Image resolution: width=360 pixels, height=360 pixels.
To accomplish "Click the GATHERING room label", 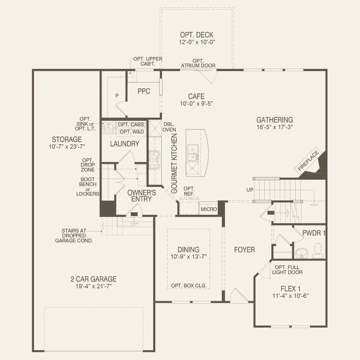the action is pyautogui.click(x=275, y=120).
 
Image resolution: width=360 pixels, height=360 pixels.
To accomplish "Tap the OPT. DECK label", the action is pyautogui.click(x=197, y=35).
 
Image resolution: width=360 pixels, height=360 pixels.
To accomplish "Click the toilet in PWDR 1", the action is pyautogui.click(x=318, y=251).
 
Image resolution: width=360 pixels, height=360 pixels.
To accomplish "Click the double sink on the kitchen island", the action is pyautogui.click(x=193, y=153).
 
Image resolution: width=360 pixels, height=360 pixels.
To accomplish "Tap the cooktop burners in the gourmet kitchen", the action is pyautogui.click(x=154, y=160).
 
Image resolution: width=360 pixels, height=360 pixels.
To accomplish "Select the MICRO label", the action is pyautogui.click(x=209, y=209).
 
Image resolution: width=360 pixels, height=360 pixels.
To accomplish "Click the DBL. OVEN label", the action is pyautogui.click(x=169, y=127).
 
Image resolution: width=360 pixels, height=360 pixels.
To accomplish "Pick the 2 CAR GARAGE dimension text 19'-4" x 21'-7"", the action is pyautogui.click(x=93, y=286).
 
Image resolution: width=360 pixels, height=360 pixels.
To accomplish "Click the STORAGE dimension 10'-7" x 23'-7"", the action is pyautogui.click(x=67, y=147).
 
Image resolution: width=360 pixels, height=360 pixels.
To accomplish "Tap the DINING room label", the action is pyautogui.click(x=188, y=250).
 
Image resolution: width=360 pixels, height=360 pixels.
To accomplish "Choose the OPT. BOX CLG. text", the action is pyautogui.click(x=189, y=286).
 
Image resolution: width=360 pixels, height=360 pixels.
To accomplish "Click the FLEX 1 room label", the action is pyautogui.click(x=291, y=289).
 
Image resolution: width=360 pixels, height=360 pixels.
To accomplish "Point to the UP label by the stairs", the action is pyautogui.click(x=250, y=190).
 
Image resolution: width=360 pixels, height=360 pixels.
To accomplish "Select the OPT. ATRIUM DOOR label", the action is pyautogui.click(x=198, y=63).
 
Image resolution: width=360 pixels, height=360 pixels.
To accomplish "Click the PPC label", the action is pyautogui.click(x=144, y=91).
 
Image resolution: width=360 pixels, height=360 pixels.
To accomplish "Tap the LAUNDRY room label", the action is pyautogui.click(x=125, y=144).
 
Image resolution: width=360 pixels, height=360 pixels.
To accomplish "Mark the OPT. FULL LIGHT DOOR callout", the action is pyautogui.click(x=287, y=270).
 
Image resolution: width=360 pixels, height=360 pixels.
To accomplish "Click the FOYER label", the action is pyautogui.click(x=244, y=250).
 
